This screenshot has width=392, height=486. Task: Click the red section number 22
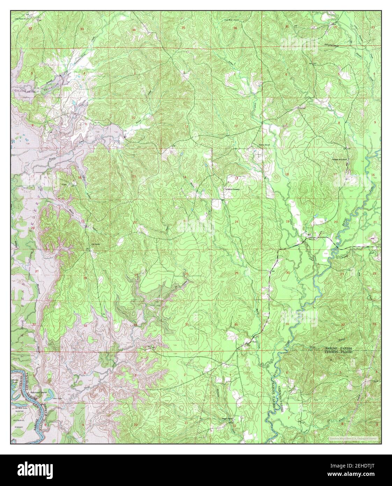135,222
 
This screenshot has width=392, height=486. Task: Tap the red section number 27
136,275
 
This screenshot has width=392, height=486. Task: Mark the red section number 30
288,273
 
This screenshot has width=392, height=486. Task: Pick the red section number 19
288,222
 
